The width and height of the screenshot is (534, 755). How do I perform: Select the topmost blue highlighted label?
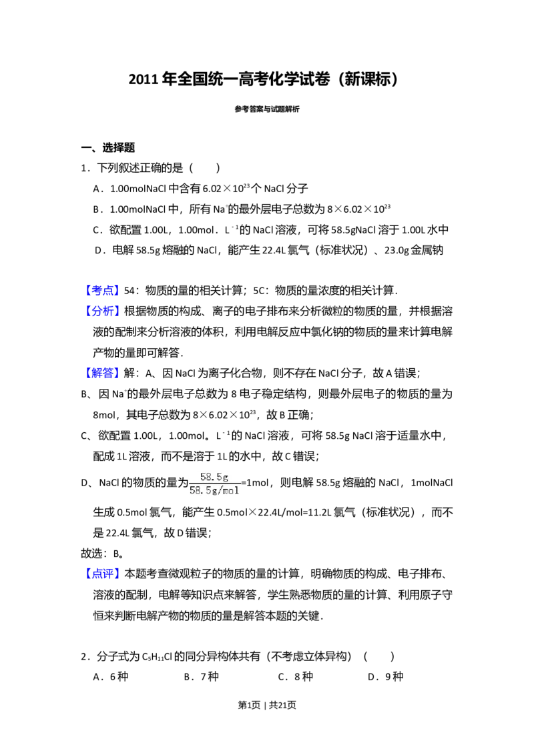(103, 291)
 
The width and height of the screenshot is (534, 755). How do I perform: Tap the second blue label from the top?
(103, 311)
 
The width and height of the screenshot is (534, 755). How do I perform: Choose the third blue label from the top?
(103, 372)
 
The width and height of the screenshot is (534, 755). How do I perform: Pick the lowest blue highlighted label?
(103, 574)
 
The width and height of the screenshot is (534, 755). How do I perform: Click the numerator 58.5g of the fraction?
(214, 476)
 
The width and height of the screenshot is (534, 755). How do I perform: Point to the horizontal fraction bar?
(215, 483)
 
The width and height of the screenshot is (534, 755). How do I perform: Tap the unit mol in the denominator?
(230, 491)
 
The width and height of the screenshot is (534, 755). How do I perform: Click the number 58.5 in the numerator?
(211, 476)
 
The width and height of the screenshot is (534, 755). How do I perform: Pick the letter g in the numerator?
(226, 477)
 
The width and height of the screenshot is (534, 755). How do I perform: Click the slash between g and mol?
(220, 491)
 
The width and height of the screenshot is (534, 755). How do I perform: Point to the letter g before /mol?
(214, 492)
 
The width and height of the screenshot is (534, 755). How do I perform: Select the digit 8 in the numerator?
(208, 476)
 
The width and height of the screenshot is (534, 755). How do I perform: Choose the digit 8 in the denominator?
(197, 491)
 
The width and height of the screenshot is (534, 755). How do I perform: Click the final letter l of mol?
(236, 491)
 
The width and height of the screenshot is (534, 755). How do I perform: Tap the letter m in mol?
(225, 491)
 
